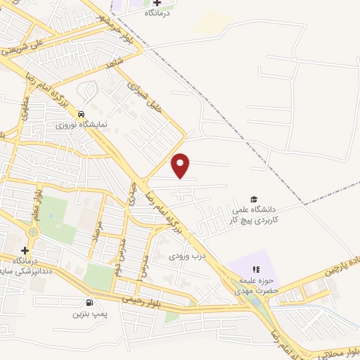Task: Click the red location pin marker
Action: [x=181, y=165]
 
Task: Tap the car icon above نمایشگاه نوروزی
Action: [x=82, y=113]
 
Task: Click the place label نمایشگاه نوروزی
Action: [x=82, y=124]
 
